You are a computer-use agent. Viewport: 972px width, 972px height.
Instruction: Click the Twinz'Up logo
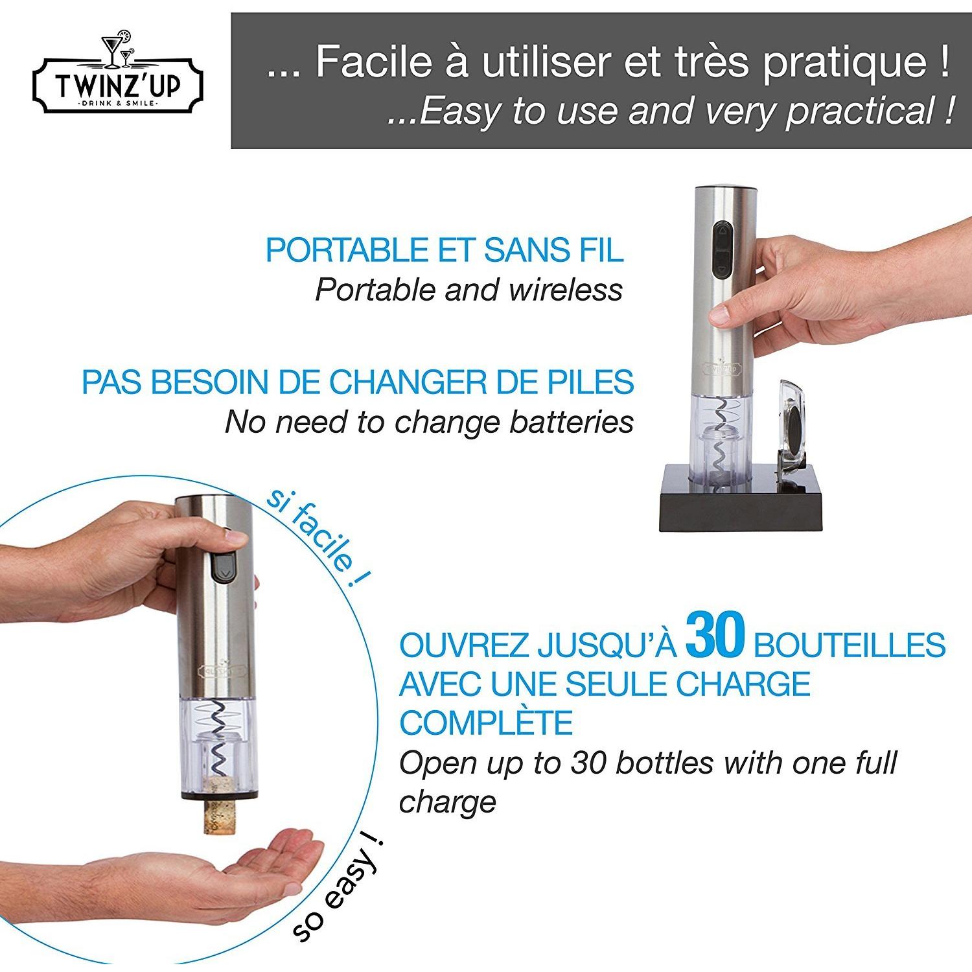pos(118,78)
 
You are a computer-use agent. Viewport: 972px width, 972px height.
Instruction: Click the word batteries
pos(571,422)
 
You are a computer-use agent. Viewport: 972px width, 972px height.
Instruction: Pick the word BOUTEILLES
pos(850,645)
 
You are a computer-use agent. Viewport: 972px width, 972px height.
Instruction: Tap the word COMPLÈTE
pos(486,723)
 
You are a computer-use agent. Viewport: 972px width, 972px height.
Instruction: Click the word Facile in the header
pos(374,62)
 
